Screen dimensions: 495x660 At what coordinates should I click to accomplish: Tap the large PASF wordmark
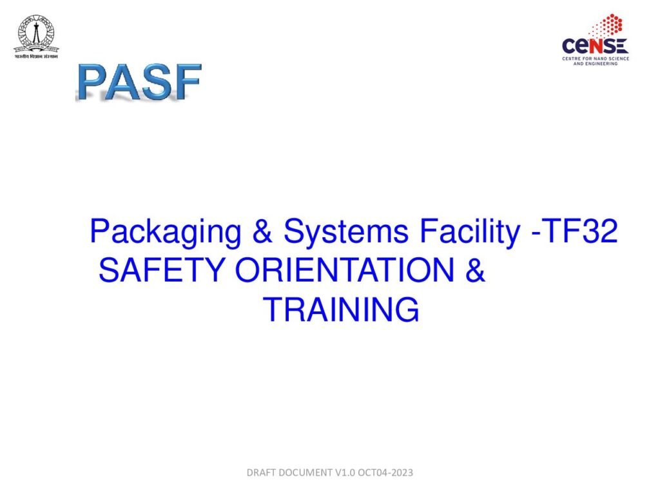[139, 81]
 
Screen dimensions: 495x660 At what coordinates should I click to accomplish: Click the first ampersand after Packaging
[262, 232]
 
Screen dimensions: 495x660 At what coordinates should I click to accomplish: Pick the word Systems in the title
[345, 232]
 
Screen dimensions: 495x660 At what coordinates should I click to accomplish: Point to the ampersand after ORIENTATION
[474, 271]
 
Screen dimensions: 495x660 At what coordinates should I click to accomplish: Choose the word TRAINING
[341, 310]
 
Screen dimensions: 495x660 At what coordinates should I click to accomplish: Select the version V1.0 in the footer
[345, 473]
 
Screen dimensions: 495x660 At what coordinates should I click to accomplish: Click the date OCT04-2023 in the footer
[387, 473]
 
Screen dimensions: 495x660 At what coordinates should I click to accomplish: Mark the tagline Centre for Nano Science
[596, 59]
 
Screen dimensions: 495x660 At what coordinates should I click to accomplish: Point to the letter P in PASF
[93, 82]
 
